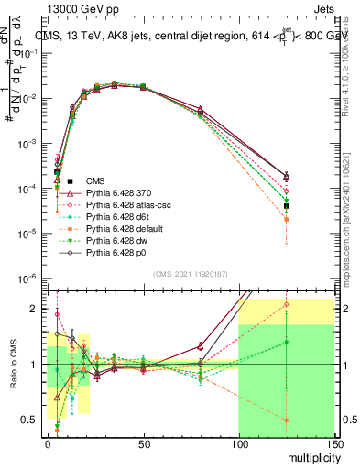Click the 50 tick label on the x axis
point(143,444)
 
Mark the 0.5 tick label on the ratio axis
point(31,420)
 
